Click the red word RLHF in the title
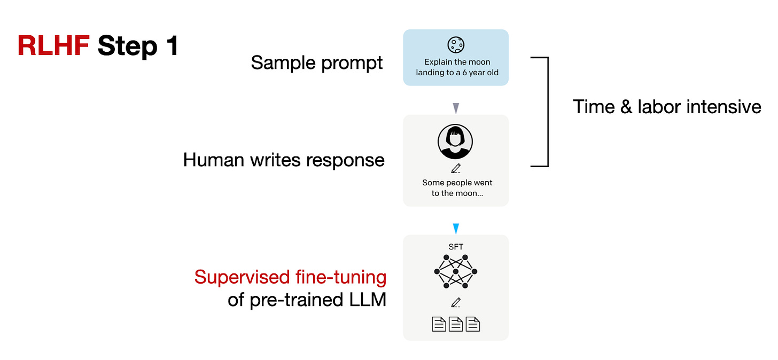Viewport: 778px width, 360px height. (53, 46)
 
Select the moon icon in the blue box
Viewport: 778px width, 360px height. (456, 45)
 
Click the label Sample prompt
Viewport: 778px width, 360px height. (317, 63)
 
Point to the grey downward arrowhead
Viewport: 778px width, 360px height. (456, 108)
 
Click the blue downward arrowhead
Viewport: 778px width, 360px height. (456, 229)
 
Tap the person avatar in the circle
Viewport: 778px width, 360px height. (455, 142)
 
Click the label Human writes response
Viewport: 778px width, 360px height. (284, 160)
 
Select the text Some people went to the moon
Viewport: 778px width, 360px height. (457, 187)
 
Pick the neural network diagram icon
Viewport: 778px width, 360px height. (455, 272)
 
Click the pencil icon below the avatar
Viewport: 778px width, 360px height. (456, 168)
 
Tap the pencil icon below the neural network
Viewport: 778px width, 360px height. (456, 303)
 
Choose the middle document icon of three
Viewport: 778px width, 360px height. (456, 324)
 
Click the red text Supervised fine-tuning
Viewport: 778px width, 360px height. (290, 277)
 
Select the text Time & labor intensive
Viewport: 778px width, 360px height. (667, 107)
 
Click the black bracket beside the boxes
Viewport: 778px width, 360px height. (546, 112)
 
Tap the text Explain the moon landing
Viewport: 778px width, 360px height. (457, 67)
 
